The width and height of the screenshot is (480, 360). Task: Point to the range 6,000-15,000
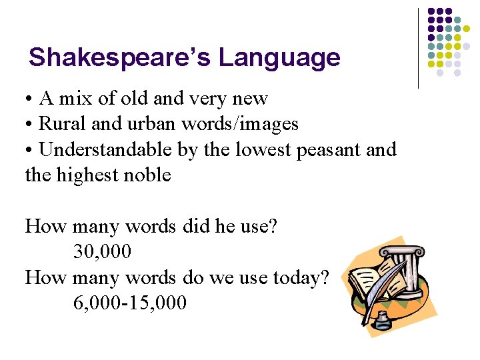[129, 303]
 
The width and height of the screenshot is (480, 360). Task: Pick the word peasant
[328, 150]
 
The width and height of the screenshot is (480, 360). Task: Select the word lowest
[255, 150]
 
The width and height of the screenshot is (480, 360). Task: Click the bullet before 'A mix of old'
[31, 99]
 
